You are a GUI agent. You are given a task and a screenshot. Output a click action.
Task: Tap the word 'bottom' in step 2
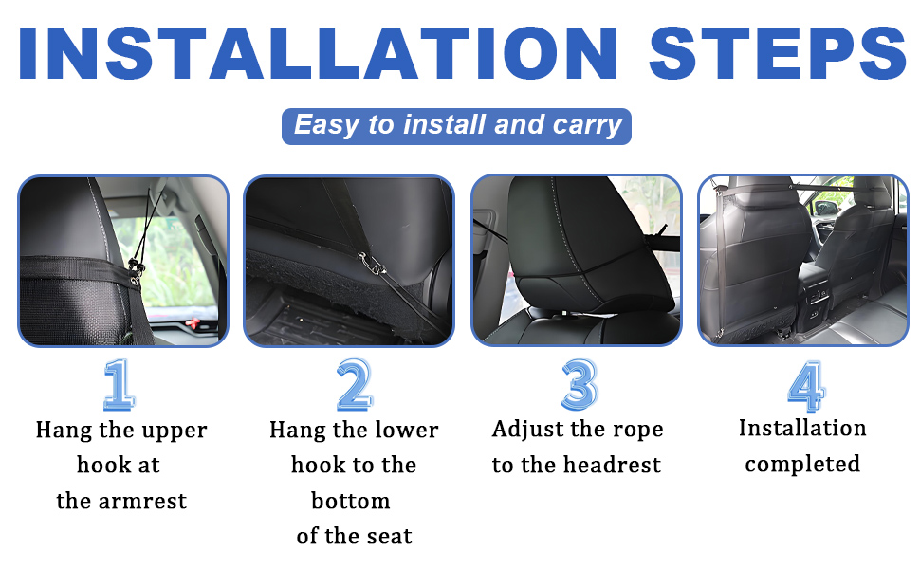351,501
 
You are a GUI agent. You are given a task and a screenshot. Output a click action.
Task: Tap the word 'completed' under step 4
802,465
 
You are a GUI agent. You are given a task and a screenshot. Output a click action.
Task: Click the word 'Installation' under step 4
802,428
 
